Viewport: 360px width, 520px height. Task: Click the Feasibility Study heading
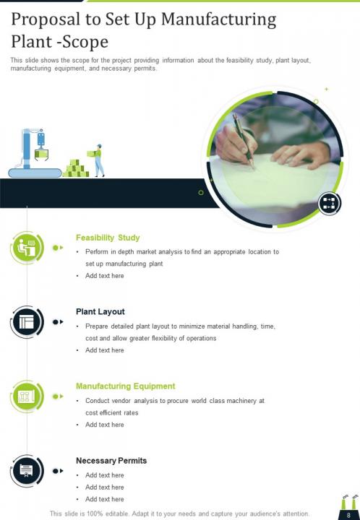[x=108, y=238]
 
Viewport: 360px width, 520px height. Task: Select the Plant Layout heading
[x=100, y=312]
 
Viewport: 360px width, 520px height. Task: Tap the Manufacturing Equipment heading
[x=125, y=386]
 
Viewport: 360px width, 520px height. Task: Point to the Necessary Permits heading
[x=111, y=461]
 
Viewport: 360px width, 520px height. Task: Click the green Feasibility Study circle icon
[x=27, y=248]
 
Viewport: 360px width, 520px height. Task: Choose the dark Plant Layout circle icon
[x=27, y=322]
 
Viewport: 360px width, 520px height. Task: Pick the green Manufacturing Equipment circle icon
[x=27, y=396]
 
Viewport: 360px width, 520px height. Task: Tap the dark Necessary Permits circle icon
[x=27, y=471]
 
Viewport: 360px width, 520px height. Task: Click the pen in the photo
[x=243, y=140]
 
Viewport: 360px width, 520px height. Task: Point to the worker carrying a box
[x=98, y=160]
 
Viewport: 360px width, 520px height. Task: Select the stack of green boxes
[x=76, y=168]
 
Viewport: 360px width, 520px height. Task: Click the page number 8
[x=348, y=516]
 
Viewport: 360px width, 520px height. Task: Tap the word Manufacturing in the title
[x=218, y=20]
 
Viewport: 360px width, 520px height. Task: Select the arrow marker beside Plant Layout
[x=58, y=322]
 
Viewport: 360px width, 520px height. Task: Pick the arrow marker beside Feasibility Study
[x=58, y=248]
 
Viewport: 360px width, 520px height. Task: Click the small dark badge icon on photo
[x=329, y=203]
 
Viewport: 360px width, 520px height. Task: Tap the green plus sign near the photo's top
[x=327, y=89]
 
